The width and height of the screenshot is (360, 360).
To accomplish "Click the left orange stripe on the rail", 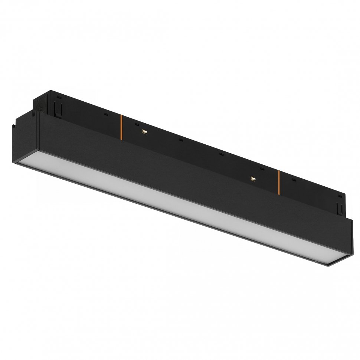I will (x=121, y=127).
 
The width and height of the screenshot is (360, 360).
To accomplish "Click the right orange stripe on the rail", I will (x=278, y=181).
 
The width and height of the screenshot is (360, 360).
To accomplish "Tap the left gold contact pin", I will (x=144, y=131).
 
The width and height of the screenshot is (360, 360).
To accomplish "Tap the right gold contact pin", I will (x=253, y=179).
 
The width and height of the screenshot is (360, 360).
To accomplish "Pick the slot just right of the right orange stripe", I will (x=293, y=180).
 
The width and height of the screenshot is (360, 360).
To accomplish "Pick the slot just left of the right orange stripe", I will (x=262, y=169).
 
